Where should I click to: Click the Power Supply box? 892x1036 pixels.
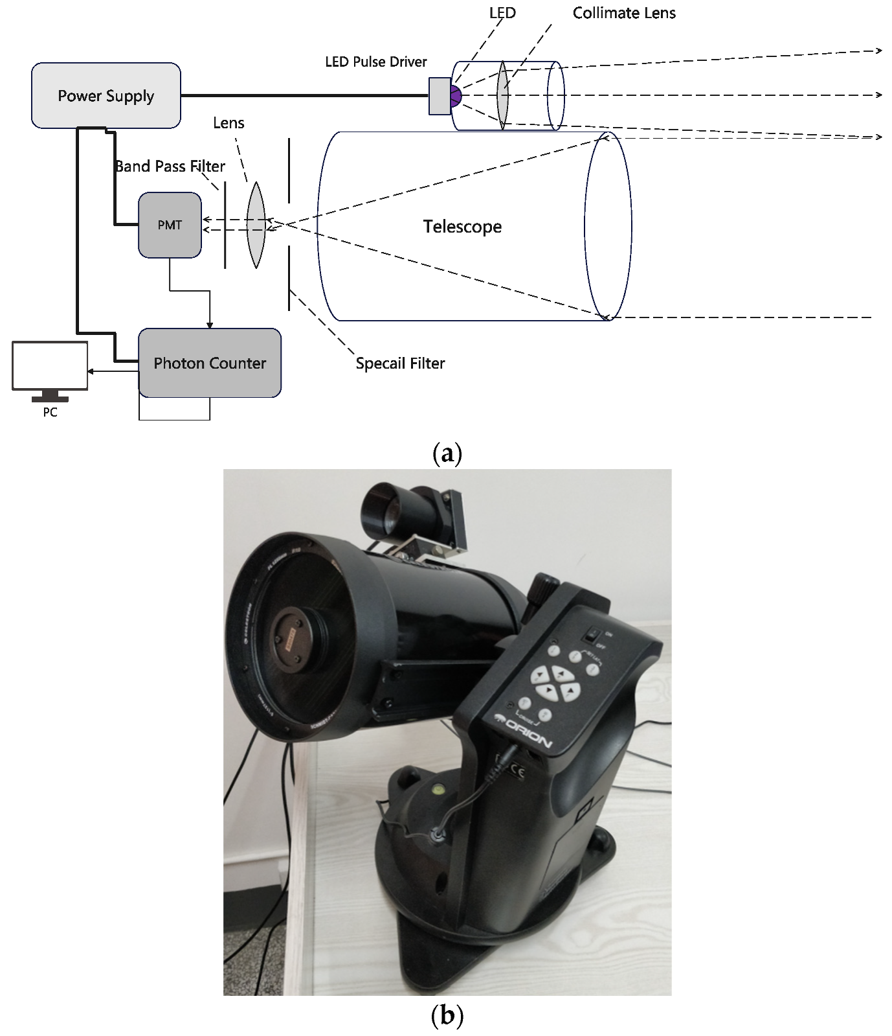pyautogui.click(x=106, y=95)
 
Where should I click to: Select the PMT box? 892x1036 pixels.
pyautogui.click(x=170, y=225)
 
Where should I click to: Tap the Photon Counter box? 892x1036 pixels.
pyautogui.click(x=210, y=363)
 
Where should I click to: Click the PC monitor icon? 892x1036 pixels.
pyautogui.click(x=50, y=367)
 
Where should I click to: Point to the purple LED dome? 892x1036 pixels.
pyautogui.click(x=456, y=96)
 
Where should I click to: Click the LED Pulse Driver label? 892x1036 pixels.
pyautogui.click(x=376, y=62)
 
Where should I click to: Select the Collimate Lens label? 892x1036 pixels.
pyautogui.click(x=624, y=13)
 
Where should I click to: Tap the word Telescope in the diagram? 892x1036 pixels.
pyautogui.click(x=462, y=227)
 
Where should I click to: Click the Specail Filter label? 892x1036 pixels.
pyautogui.click(x=400, y=363)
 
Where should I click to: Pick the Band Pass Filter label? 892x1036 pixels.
pyautogui.click(x=170, y=167)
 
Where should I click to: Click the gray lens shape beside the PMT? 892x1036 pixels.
pyautogui.click(x=256, y=225)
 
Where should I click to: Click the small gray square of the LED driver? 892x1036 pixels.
pyautogui.click(x=440, y=96)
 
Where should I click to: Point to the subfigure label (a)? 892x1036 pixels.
pyautogui.click(x=447, y=452)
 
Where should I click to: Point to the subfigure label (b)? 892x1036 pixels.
pyautogui.click(x=447, y=1015)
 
